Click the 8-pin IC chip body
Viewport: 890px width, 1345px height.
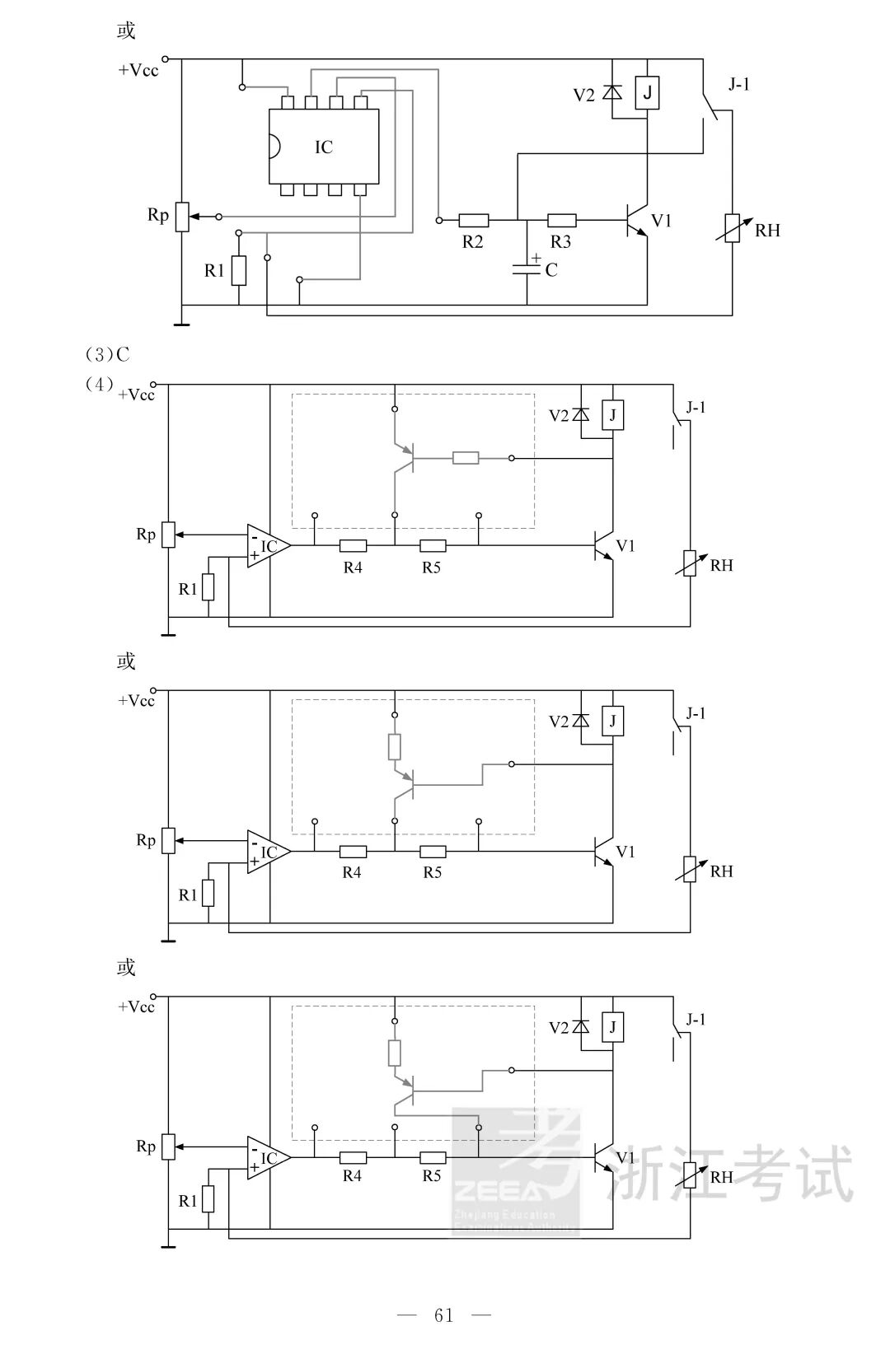[x=324, y=146]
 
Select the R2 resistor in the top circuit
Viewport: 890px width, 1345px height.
[x=473, y=221]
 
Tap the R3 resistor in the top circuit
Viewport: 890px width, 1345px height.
[x=561, y=221]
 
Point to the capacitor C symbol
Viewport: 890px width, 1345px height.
[x=527, y=269]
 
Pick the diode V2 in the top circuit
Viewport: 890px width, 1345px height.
[x=611, y=92]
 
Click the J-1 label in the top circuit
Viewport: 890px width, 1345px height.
[x=738, y=84]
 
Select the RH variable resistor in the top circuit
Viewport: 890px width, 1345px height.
[x=732, y=228]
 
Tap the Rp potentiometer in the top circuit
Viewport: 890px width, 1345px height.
[x=183, y=217]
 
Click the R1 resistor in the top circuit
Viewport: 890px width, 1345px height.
[x=238, y=270]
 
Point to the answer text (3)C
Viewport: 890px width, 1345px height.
[x=107, y=355]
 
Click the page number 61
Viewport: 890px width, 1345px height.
[x=444, y=1315]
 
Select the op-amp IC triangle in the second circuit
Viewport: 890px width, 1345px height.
[x=267, y=544]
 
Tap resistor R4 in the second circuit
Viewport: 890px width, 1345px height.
[x=353, y=545]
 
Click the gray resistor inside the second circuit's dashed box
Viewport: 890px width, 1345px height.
[x=466, y=458]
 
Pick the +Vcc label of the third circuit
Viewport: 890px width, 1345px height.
[x=136, y=701]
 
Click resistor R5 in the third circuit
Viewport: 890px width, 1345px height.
[x=433, y=852]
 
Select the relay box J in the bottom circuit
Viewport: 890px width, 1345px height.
[x=612, y=1027]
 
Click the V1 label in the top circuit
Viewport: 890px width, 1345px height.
[x=662, y=220]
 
